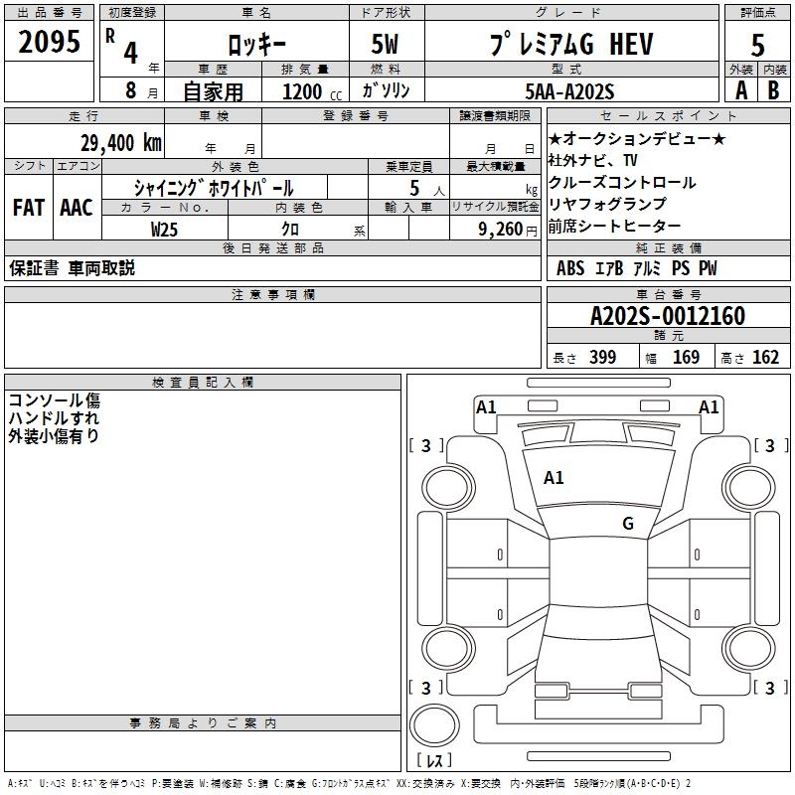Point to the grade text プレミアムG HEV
point(568,44)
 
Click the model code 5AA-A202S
point(568,91)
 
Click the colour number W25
point(165,229)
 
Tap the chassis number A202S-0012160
point(667,316)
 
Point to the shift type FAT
point(29,208)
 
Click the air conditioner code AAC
point(76,208)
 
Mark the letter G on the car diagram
point(627,524)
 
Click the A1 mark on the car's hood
point(554,478)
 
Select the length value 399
point(601,358)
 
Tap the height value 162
point(765,358)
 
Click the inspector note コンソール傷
point(55,400)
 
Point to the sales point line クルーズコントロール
point(608,183)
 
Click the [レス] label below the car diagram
point(435,760)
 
